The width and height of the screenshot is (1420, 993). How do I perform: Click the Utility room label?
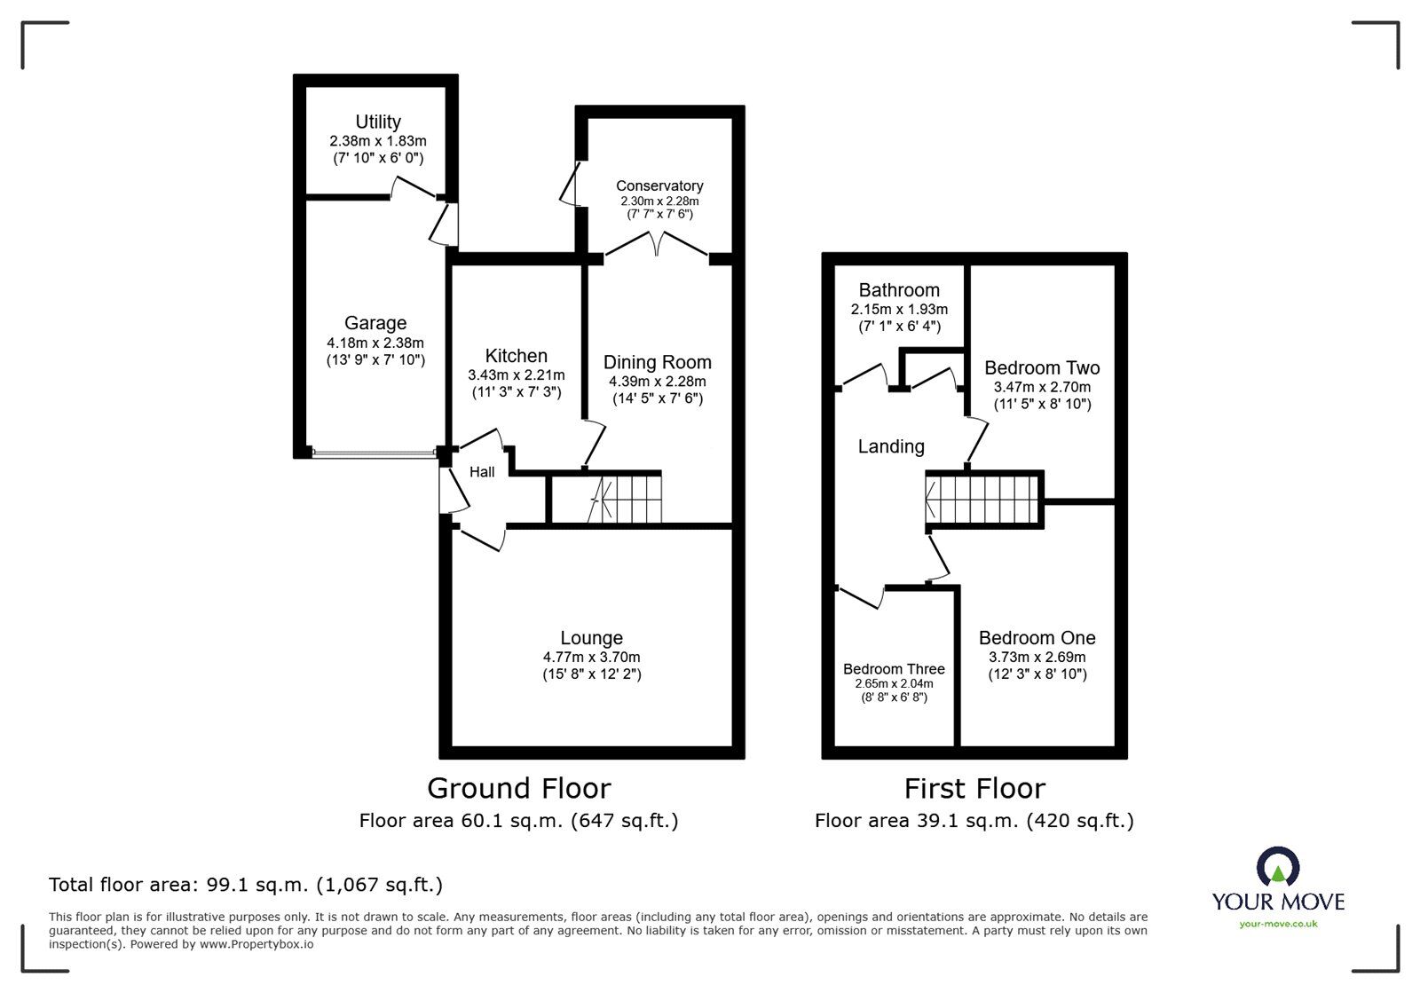[x=378, y=122]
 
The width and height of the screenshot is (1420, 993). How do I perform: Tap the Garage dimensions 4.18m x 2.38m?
[x=375, y=343]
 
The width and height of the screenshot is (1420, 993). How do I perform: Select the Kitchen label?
[x=516, y=356]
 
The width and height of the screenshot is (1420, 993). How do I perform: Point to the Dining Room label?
[x=657, y=362]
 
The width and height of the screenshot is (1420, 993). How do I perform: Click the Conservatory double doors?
[x=656, y=245]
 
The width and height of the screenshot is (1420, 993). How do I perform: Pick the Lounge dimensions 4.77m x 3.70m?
[x=591, y=658]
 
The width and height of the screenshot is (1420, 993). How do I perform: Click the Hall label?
[x=482, y=472]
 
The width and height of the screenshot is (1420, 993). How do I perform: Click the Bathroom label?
[x=899, y=290]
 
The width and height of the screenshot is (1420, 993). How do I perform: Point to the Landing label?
[x=891, y=447]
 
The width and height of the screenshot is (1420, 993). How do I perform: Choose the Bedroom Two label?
[x=1042, y=367]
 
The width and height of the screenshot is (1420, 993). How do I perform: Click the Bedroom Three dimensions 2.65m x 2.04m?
[x=894, y=684]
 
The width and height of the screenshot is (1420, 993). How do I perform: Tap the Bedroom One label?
[x=1037, y=638]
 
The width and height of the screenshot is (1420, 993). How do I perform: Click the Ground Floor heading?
[x=519, y=788]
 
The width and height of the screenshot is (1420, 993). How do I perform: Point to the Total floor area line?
[x=245, y=885]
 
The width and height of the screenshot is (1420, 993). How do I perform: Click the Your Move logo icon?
[x=1278, y=867]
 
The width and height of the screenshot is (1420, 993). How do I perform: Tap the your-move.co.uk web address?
[x=1278, y=925]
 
